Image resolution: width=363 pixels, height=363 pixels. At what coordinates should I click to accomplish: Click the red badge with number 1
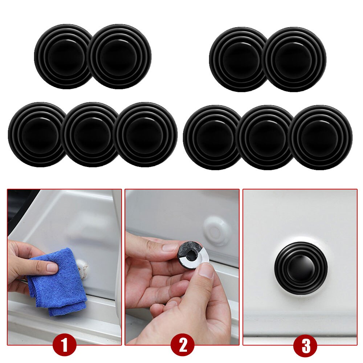pyautogui.click(x=64, y=345)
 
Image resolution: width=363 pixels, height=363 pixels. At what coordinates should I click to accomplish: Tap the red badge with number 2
pyautogui.click(x=182, y=345)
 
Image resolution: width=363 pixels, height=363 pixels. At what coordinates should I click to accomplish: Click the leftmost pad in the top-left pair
pyautogui.click(x=62, y=57)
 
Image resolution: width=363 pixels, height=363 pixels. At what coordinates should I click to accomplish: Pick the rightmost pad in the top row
pyautogui.click(x=294, y=59)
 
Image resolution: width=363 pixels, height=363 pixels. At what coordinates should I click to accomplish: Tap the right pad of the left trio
pyautogui.click(x=145, y=135)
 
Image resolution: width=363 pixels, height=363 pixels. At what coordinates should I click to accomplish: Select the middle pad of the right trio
pyautogui.click(x=265, y=138)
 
